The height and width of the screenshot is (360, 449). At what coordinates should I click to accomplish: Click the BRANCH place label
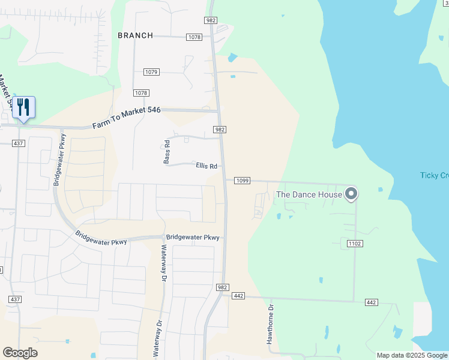click(136, 35)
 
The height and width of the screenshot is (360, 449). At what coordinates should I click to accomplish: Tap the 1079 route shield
click(151, 72)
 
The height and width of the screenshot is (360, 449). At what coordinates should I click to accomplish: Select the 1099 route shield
click(242, 181)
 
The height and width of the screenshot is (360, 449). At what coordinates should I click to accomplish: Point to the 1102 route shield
click(353, 243)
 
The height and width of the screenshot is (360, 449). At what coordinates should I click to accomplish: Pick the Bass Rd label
click(167, 152)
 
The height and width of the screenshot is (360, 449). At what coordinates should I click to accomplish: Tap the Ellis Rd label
click(206, 166)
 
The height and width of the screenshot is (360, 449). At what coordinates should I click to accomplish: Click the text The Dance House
click(309, 194)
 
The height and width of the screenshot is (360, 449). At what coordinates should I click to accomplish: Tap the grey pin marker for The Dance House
click(352, 193)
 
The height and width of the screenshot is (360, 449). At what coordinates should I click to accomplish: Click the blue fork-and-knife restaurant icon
click(23, 108)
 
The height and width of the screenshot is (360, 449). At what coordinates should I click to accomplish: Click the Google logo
click(19, 353)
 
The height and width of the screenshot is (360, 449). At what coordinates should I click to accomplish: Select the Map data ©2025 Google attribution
click(412, 355)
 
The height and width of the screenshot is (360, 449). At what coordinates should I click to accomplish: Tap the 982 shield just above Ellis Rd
click(220, 130)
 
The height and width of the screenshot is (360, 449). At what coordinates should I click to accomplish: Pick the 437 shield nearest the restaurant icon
click(18, 143)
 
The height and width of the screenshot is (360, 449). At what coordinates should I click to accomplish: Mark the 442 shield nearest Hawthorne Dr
click(238, 295)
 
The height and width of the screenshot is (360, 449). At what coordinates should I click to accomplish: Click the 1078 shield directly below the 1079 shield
click(141, 93)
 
